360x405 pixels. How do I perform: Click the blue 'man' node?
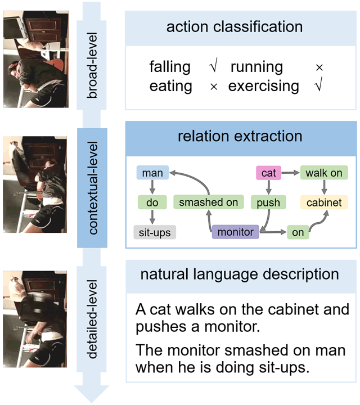[152, 173]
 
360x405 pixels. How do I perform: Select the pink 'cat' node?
[269, 173]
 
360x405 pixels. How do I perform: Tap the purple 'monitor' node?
[235, 232]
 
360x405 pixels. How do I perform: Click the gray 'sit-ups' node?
[155, 232]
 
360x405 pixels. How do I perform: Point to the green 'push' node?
[269, 202]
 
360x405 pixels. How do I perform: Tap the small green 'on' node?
[298, 232]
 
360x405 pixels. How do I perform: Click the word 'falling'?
[170, 67]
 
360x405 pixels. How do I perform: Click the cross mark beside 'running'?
[319, 67]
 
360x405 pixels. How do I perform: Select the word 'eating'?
[170, 86]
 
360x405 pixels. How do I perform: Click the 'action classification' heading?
[234, 26]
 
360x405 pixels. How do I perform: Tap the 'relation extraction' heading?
[240, 136]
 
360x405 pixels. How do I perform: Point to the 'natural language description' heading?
[240, 274]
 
